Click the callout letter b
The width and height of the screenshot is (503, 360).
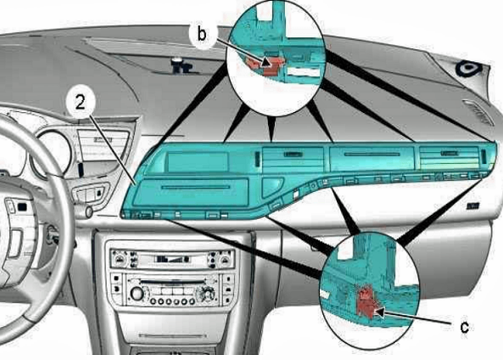[201, 34]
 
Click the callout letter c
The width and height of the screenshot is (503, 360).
[465, 327]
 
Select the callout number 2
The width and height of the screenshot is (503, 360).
[81, 102]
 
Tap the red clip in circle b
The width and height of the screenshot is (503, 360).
[264, 66]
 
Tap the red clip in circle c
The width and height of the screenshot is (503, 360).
[366, 301]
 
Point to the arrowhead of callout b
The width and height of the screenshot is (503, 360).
[267, 62]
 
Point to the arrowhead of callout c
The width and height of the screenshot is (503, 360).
[378, 311]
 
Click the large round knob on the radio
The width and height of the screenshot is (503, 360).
[137, 294]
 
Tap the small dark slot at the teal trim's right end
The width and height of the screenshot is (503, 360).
[483, 155]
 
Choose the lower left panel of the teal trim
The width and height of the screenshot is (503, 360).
[191, 192]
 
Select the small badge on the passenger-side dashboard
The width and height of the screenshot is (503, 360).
[472, 205]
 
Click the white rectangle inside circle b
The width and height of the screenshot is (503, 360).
[304, 72]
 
